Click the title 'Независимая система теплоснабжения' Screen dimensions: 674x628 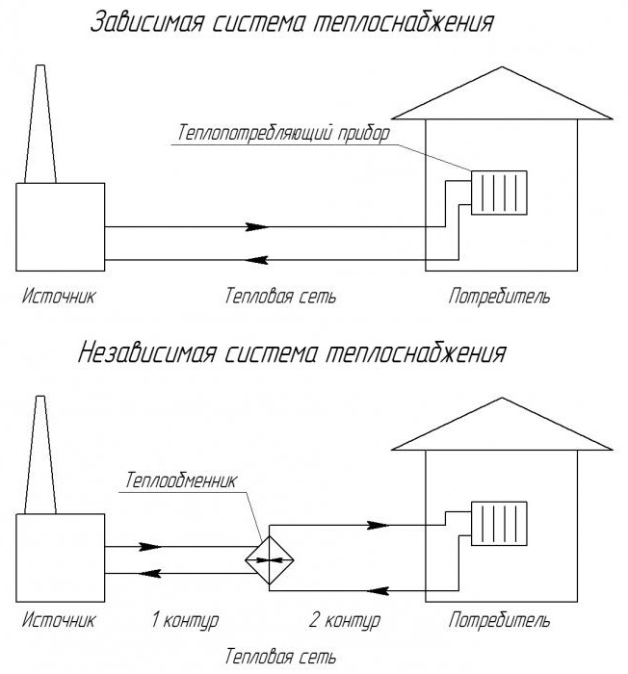coord(291,354)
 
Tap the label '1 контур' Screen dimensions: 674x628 coord(187,617)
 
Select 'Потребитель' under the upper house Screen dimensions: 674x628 coord(500,296)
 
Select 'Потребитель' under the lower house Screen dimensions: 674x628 coord(500,617)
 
